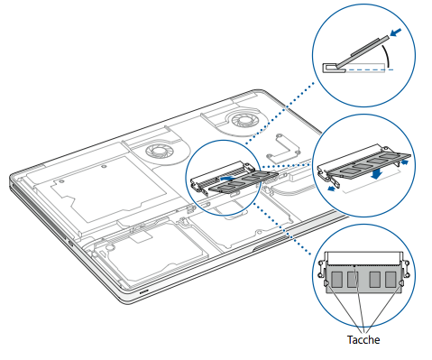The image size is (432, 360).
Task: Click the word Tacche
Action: (363, 340)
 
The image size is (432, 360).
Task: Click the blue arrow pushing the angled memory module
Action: (396, 32)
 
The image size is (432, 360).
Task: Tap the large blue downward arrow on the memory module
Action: (376, 174)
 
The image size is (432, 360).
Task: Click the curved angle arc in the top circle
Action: (386, 56)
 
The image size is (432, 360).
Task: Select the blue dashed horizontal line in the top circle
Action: (369, 69)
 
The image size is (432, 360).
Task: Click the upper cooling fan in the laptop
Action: (244, 120)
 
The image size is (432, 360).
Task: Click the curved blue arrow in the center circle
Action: (226, 179)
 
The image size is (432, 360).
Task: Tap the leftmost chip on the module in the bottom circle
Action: (337, 279)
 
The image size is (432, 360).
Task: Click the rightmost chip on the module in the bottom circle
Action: (391, 279)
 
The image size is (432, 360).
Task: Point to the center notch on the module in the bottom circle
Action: (354, 266)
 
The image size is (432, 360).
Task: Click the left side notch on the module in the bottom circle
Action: (326, 283)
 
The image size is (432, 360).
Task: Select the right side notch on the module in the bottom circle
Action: (400, 283)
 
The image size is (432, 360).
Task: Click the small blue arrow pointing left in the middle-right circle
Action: (331, 189)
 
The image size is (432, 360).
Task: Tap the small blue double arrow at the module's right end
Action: (405, 162)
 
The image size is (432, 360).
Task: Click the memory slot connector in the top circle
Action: (334, 68)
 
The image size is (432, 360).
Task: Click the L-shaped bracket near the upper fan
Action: (282, 146)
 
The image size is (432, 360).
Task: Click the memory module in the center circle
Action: (243, 181)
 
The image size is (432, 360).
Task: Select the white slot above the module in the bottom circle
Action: (364, 258)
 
